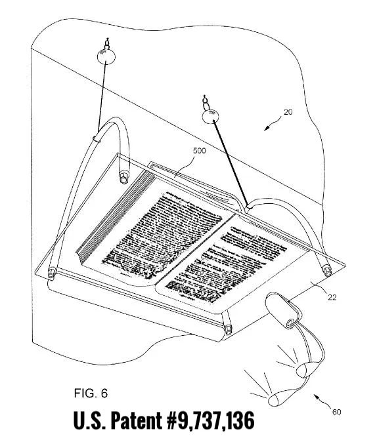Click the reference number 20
(x=288, y=112)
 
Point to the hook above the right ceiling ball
(x=207, y=102)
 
